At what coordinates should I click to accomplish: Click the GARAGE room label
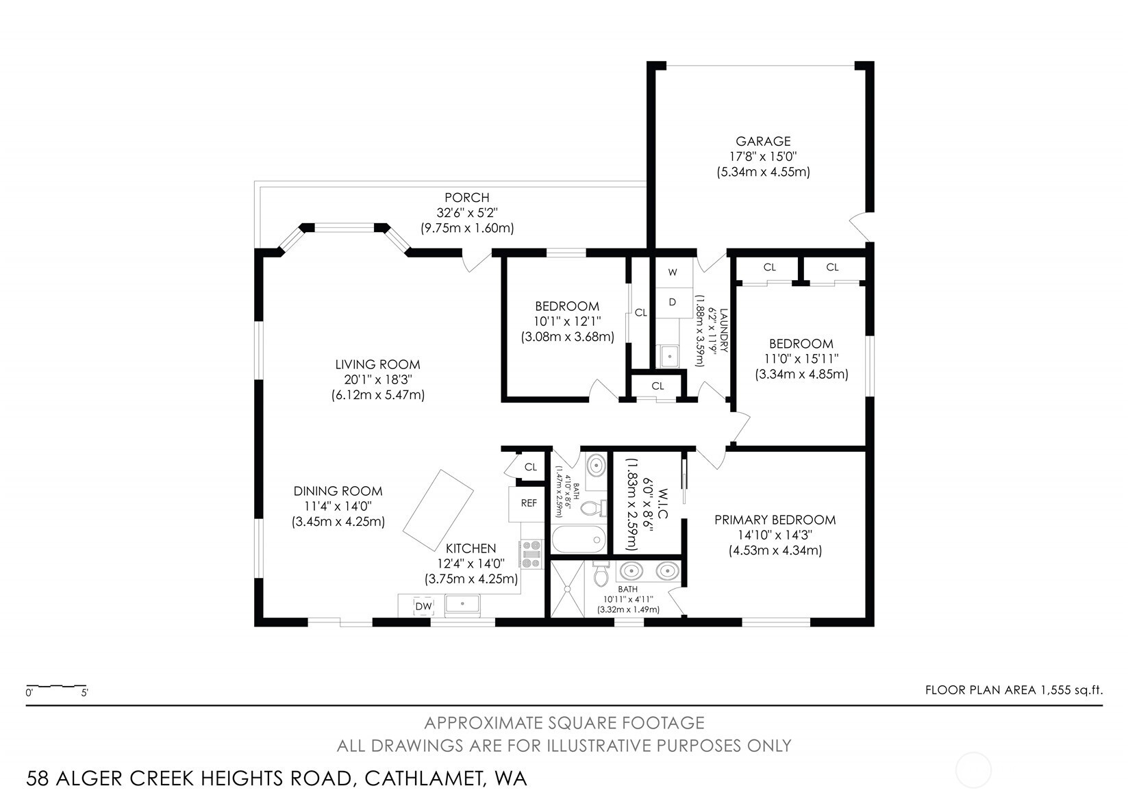[763, 141]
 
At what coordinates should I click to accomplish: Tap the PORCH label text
[466, 198]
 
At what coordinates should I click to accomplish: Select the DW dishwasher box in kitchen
[423, 606]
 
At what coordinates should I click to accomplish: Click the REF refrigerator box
[528, 503]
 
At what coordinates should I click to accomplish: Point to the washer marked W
[673, 273]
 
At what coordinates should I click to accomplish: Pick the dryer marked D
[673, 302]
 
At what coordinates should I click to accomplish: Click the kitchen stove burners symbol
[531, 555]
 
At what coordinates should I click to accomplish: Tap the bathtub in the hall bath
[579, 540]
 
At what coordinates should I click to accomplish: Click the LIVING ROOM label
[377, 365]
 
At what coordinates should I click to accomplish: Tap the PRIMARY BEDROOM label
[775, 520]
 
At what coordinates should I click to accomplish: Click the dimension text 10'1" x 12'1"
[567, 322]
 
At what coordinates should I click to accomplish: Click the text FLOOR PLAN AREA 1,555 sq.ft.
[1013, 690]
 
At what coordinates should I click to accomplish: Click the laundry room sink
[669, 356]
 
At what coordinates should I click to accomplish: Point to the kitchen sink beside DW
[463, 605]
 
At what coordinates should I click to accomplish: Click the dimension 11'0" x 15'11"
[801, 359]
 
